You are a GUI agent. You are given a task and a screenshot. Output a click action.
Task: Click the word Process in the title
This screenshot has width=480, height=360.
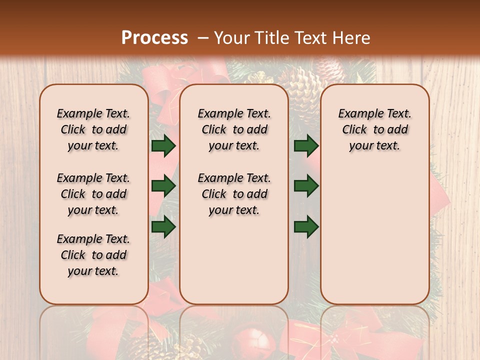coord(154,38)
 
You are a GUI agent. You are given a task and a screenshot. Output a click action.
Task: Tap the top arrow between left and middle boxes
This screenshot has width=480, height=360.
coord(163,145)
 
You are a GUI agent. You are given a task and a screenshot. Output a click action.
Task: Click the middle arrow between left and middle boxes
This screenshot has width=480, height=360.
coord(163,186)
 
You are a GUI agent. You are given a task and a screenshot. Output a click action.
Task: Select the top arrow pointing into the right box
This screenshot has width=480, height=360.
coord(306,145)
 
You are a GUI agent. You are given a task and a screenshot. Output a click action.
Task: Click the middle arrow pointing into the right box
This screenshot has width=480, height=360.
coord(306,186)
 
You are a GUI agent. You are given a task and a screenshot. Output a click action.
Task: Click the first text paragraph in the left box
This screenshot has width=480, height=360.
coord(93,129)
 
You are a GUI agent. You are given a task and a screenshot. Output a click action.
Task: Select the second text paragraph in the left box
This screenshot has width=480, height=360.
coord(93,194)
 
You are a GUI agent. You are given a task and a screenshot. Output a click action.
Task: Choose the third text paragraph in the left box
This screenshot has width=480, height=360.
coord(93,255)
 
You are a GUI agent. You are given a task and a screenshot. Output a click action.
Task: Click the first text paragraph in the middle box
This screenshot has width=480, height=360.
coord(234,129)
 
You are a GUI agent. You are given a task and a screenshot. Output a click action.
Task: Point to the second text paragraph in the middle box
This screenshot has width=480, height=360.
coord(234,194)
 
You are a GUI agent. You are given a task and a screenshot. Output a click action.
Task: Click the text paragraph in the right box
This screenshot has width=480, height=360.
coord(374,129)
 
